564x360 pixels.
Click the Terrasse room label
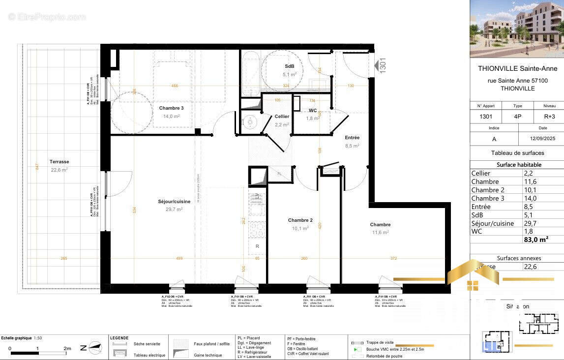point(59,162)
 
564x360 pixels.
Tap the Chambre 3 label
point(171,108)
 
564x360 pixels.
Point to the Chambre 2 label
point(300,220)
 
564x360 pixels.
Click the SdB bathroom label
point(290,66)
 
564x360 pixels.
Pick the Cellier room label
point(282,117)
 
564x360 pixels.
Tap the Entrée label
point(352,138)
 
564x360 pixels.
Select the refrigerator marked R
point(257,245)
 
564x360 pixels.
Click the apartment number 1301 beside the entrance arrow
point(383,65)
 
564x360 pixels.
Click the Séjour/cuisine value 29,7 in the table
point(532,223)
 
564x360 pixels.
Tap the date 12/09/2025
point(541,139)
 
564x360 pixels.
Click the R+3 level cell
point(549,117)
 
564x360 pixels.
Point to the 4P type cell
point(517,117)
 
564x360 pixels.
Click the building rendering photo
point(517,25)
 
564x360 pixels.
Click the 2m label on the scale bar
point(67,348)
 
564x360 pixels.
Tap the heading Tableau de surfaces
point(517,153)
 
